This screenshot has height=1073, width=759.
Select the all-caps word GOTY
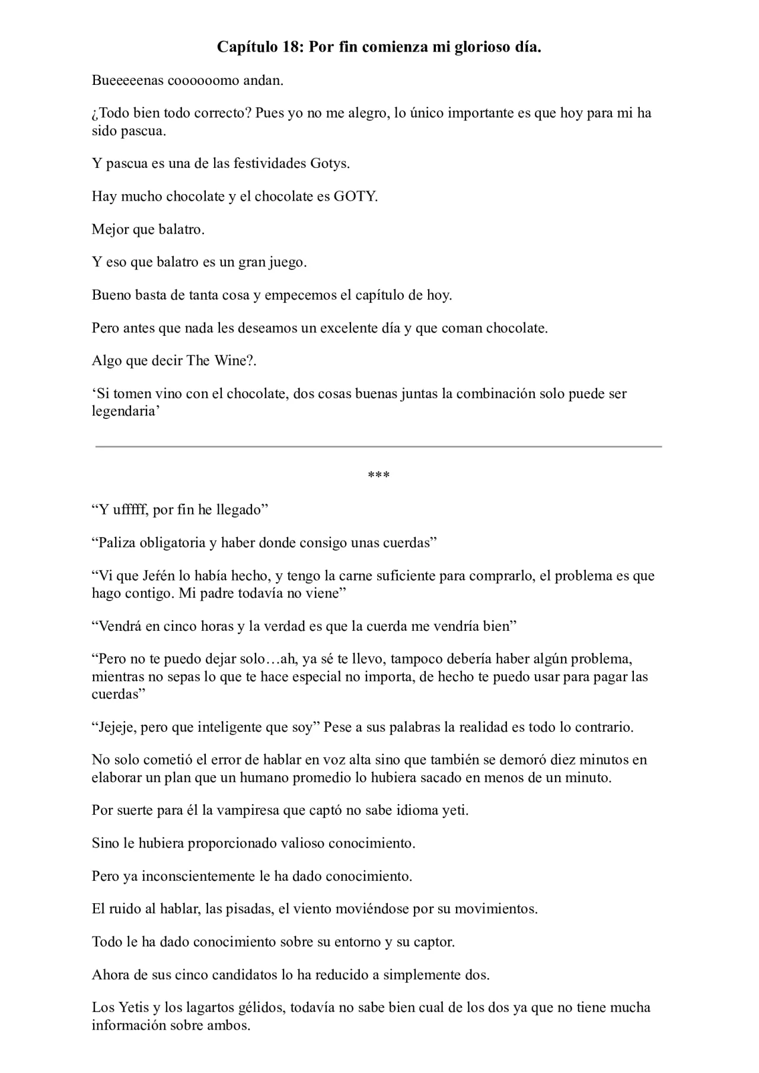click(355, 196)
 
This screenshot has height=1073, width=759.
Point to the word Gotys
click(329, 163)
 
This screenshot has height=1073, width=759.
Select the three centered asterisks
click(379, 475)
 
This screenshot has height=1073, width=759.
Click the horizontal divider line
click(379, 446)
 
